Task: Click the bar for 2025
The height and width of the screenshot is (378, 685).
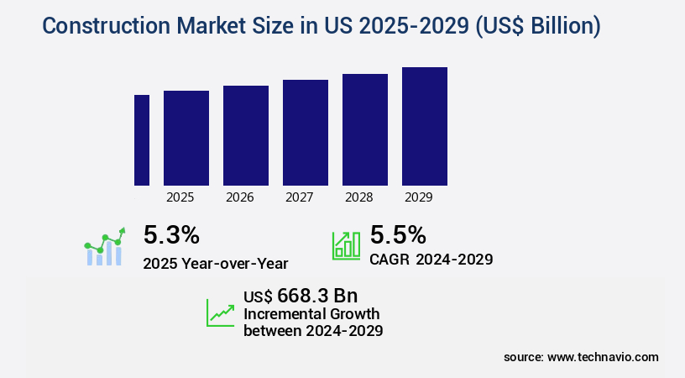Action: (186, 138)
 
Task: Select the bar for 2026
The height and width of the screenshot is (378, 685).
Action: (246, 135)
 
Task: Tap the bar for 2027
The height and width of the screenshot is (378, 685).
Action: (306, 133)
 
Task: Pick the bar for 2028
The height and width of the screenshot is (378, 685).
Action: (365, 129)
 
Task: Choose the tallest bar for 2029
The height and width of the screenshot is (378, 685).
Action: (425, 126)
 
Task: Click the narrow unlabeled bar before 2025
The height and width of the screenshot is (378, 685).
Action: (142, 140)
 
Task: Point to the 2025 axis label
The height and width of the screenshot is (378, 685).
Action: (180, 198)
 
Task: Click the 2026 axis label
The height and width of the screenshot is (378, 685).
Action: (240, 198)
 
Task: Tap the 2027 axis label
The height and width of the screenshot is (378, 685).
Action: (300, 198)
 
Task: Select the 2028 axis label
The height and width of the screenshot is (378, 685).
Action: (359, 198)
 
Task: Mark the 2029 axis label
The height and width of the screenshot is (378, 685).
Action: (419, 198)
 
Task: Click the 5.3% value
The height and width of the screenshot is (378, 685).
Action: (171, 234)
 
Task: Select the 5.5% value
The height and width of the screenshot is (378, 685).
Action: (398, 234)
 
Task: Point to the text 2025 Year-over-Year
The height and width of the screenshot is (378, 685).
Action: (216, 263)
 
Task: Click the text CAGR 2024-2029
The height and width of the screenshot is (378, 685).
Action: (431, 260)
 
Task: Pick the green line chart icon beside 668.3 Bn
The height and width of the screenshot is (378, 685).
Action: (221, 312)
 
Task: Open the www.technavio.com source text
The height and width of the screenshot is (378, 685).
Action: (603, 357)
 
